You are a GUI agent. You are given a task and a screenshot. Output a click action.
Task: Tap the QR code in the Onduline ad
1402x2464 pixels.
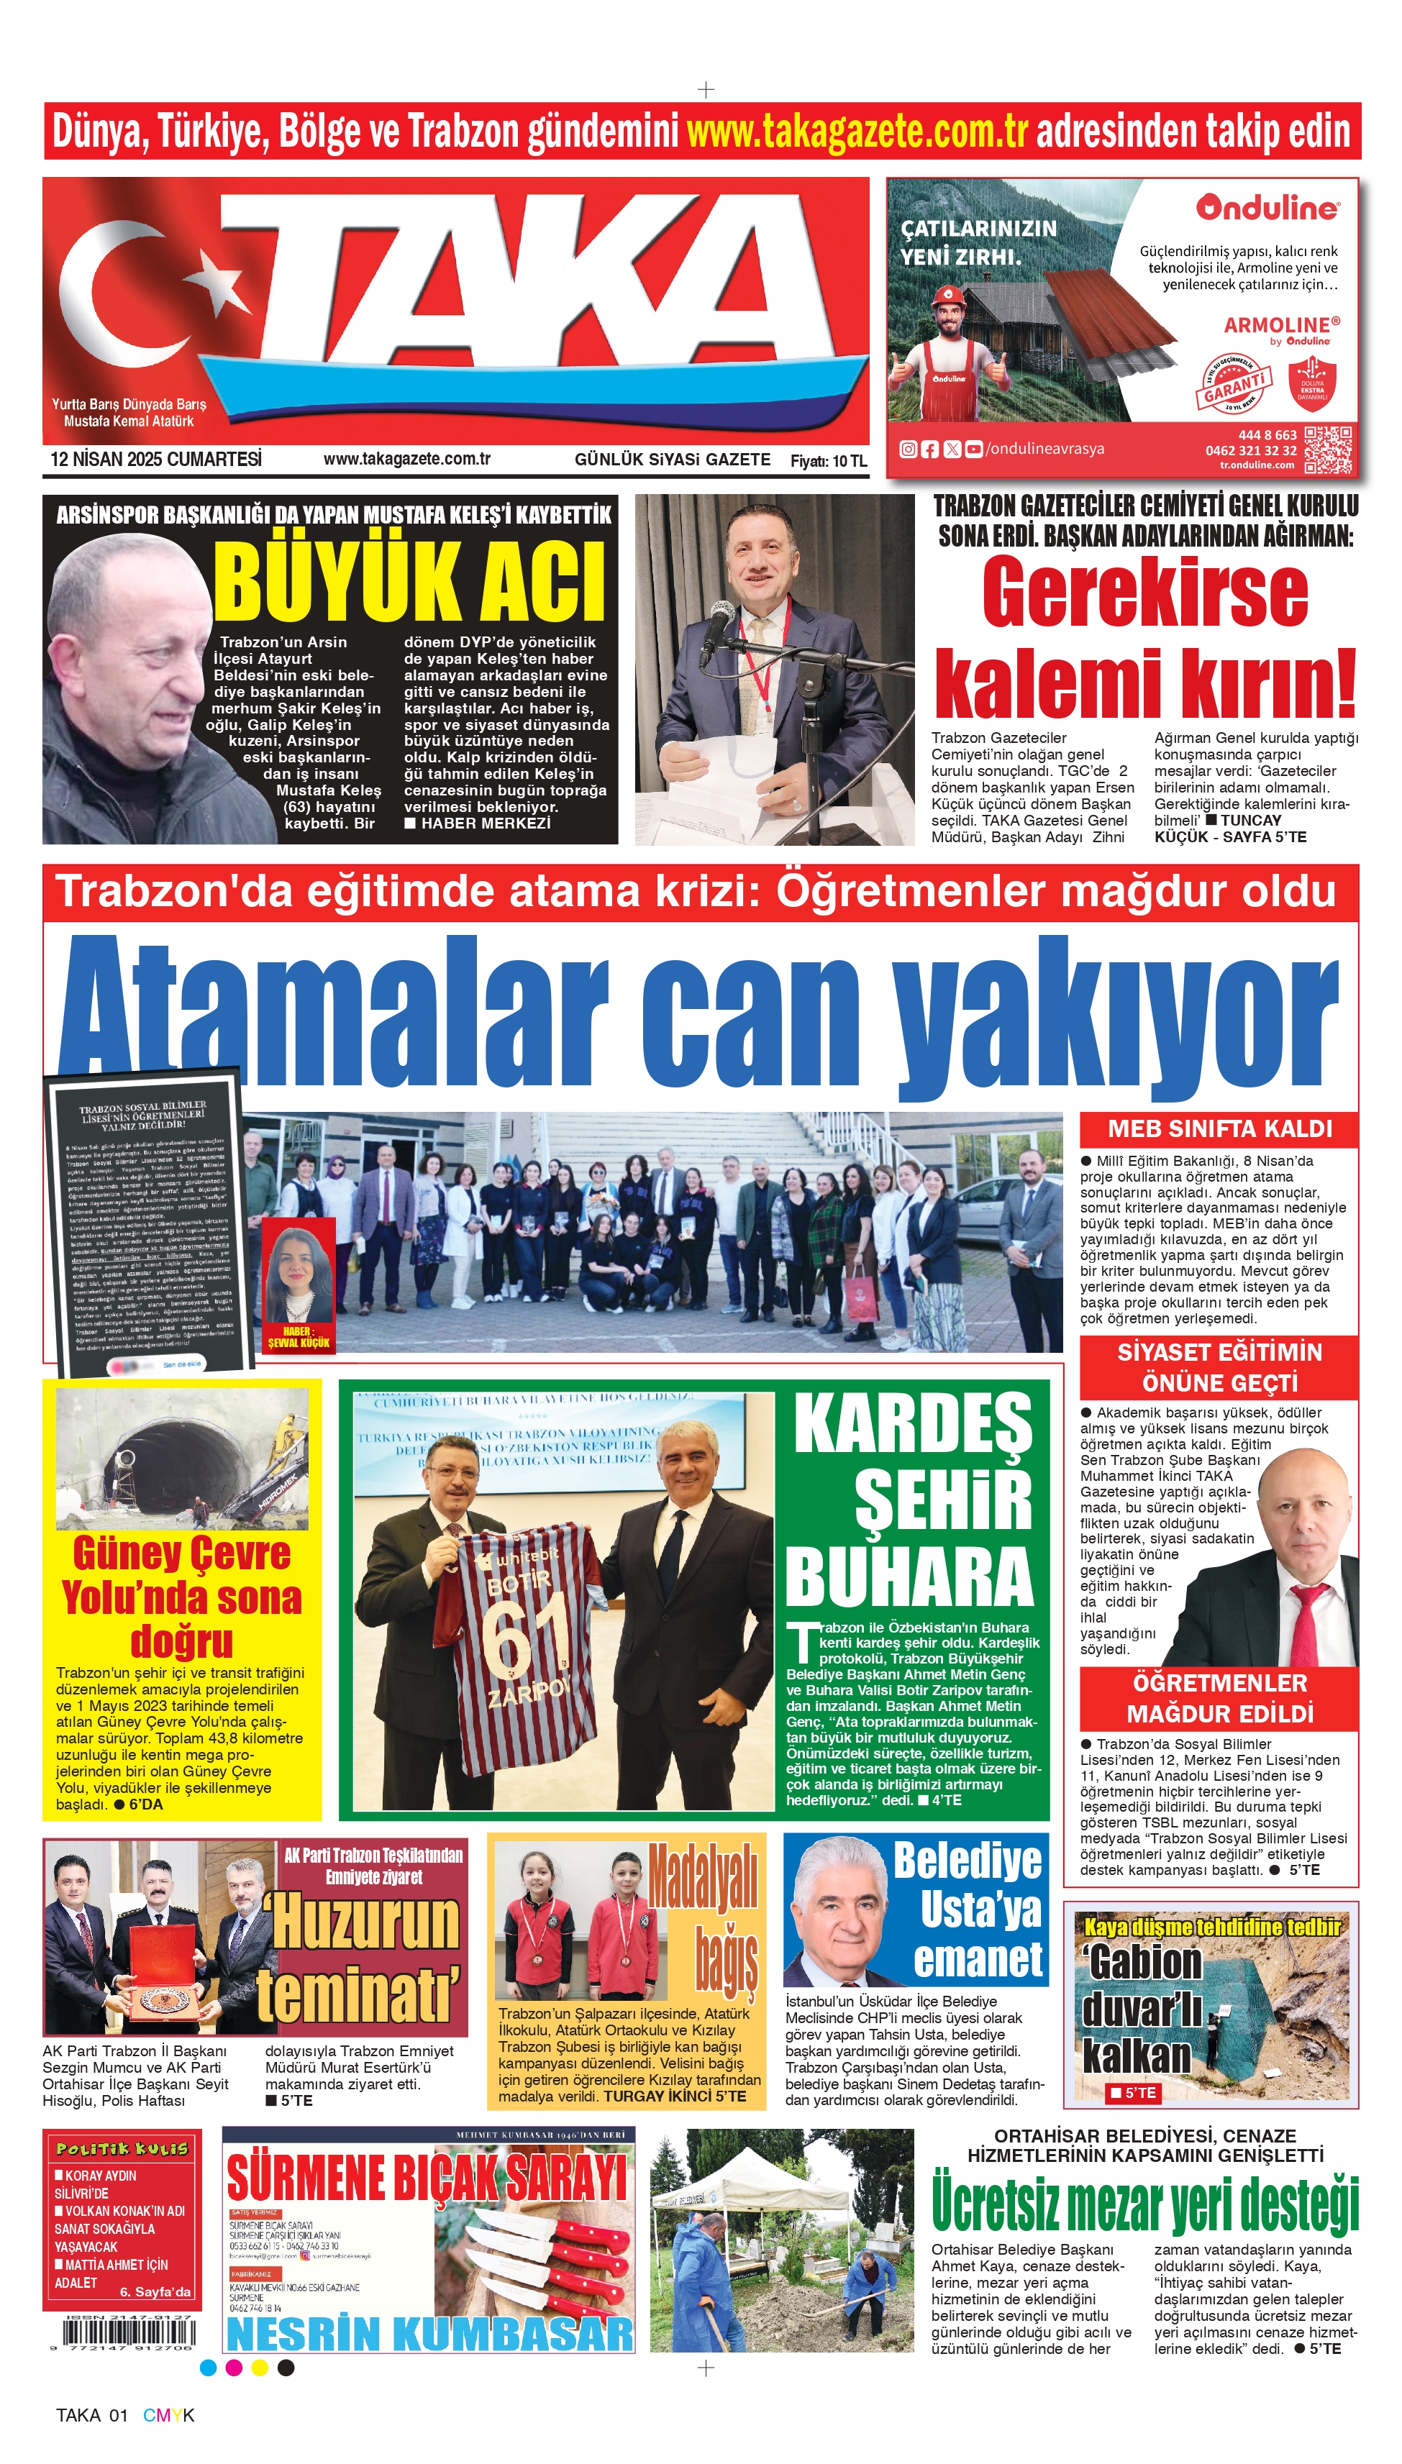[x=1328, y=450]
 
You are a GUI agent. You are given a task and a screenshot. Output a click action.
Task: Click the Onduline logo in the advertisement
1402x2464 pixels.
[x=1267, y=208]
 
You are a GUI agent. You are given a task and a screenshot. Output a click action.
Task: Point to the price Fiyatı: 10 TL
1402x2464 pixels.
[x=828, y=461]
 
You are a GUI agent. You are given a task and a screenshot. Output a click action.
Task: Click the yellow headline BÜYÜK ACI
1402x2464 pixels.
[x=409, y=580]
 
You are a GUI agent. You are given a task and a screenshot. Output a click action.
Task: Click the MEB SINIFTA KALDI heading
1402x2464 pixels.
[x=1219, y=1129]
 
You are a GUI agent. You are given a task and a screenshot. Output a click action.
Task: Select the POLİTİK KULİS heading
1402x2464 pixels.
[x=122, y=2149]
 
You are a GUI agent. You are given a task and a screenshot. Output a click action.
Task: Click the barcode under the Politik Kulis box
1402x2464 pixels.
[x=128, y=2335]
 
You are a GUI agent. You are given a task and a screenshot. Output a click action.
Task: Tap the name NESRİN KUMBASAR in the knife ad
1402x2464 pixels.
[x=429, y=2334]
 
